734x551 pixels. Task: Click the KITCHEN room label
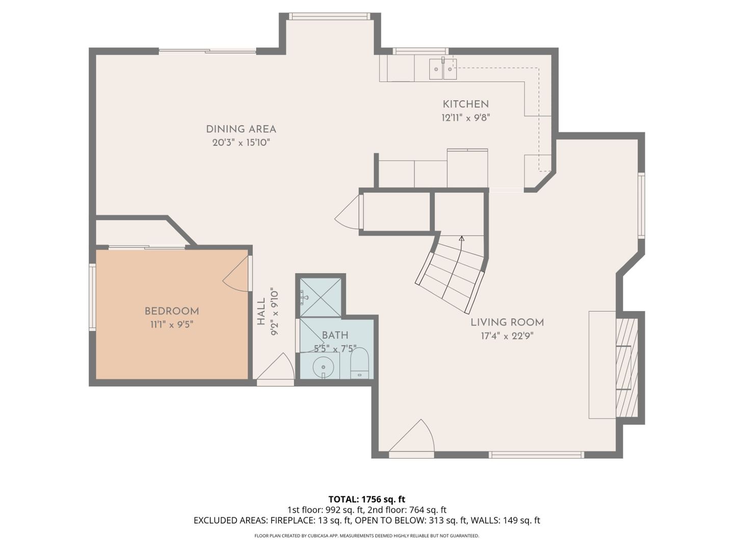coord(465,104)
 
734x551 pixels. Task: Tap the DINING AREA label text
coord(241,130)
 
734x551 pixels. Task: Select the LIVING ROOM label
coord(507,322)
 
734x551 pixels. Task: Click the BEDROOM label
coord(172,311)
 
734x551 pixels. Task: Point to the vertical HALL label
coord(261,312)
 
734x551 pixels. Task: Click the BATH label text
coord(335,335)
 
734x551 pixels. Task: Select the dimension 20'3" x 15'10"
coord(241,143)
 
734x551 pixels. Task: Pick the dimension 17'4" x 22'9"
coord(507,336)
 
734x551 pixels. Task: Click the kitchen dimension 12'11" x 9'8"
coord(465,118)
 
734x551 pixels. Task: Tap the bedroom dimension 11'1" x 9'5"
coord(172,324)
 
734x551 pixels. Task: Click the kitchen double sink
coord(442,69)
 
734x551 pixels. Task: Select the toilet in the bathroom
coord(360,363)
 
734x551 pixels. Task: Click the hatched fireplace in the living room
coord(626,367)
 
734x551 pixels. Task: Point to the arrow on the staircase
coord(461,238)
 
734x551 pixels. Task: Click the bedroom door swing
coord(238,275)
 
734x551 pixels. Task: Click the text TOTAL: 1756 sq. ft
coord(366,499)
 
